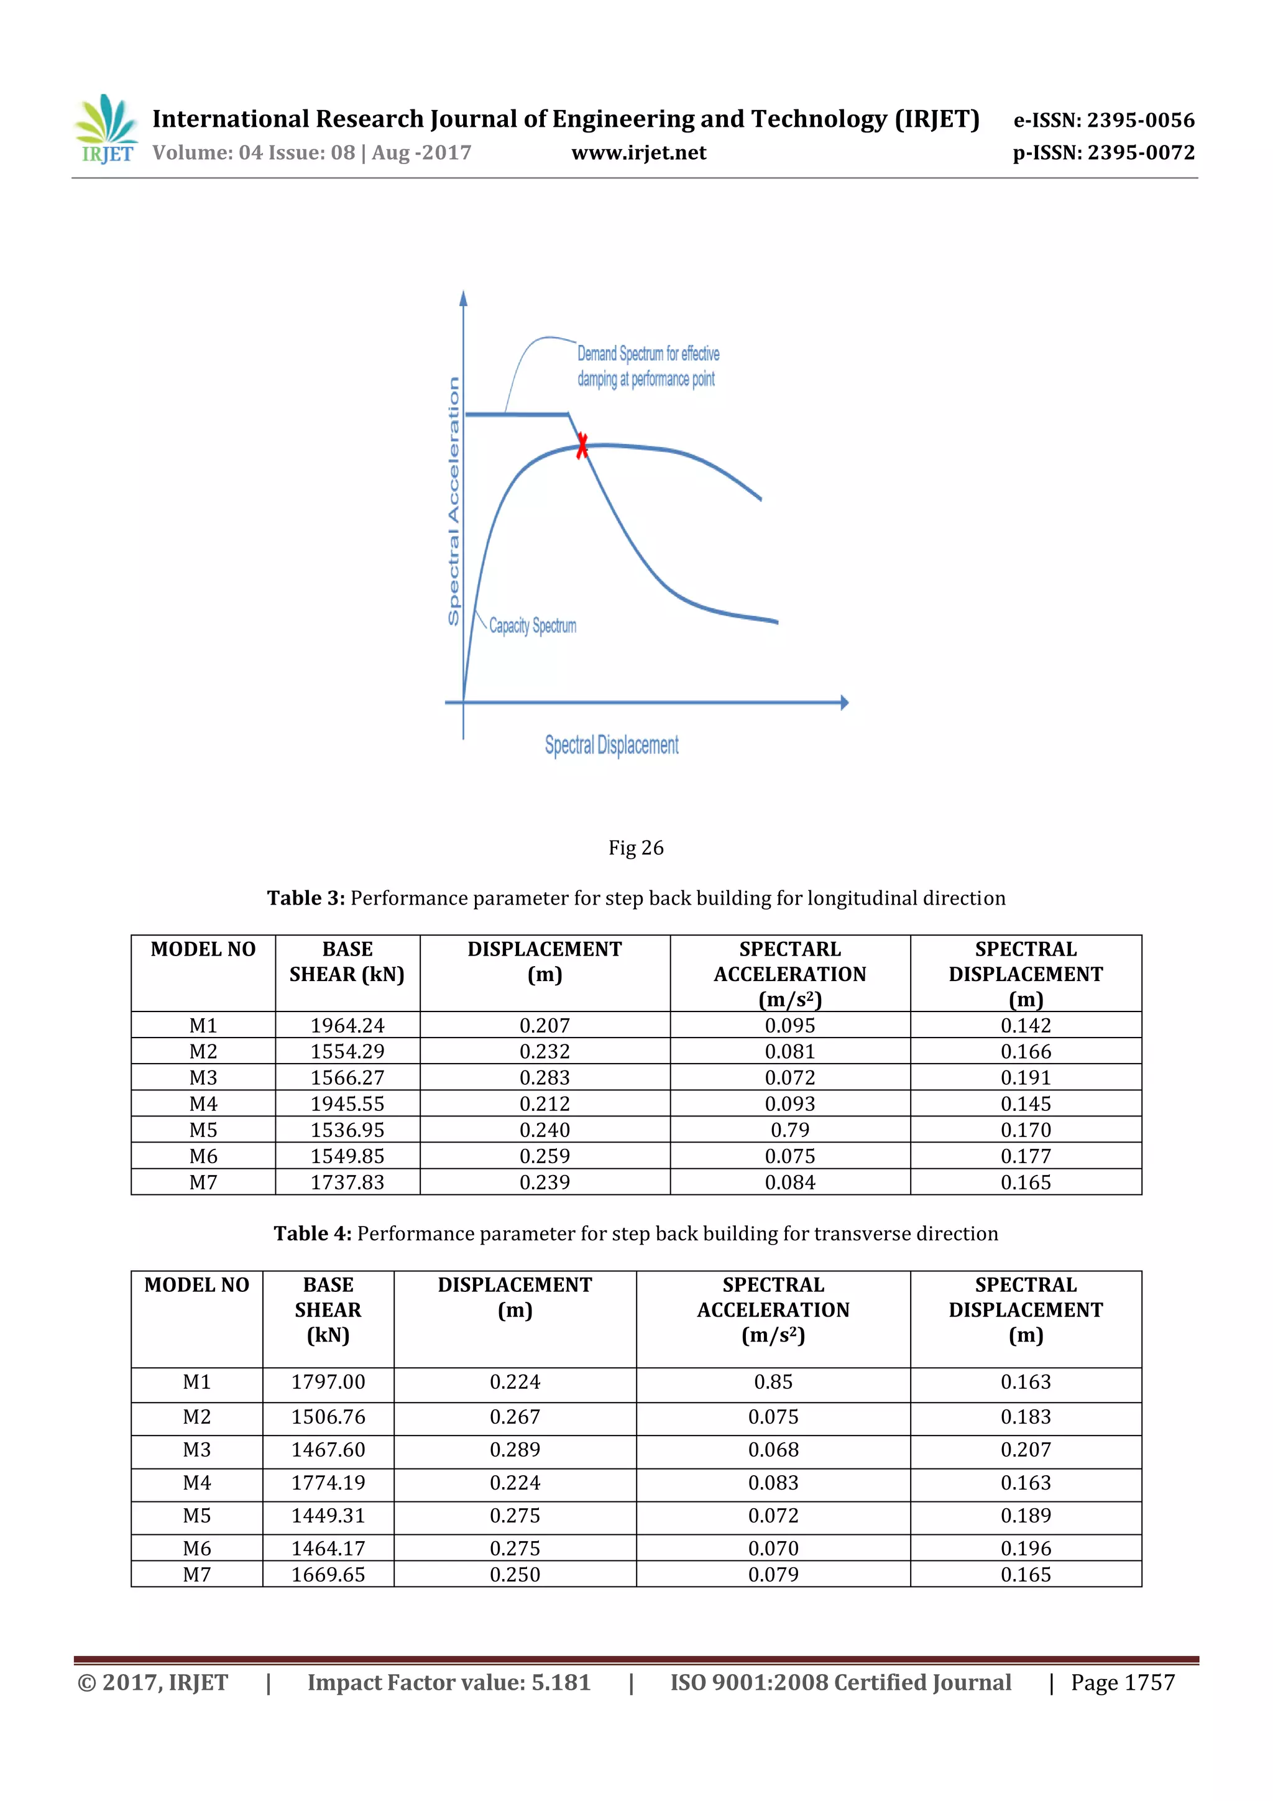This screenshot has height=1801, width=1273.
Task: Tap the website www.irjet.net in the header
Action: point(638,152)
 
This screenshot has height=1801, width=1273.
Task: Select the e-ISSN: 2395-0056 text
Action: point(1103,120)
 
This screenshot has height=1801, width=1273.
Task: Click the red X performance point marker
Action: point(582,446)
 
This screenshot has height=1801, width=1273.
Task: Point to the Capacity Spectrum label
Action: point(532,625)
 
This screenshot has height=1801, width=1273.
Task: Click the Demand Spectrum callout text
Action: point(647,366)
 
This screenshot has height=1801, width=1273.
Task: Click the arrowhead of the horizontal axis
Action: point(844,702)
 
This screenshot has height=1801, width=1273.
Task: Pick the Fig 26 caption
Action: point(635,847)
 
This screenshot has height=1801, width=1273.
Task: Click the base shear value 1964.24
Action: point(347,1025)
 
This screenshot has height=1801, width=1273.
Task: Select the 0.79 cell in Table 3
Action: point(790,1130)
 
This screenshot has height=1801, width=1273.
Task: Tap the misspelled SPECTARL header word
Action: point(790,949)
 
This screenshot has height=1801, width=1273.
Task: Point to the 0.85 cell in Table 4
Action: point(773,1381)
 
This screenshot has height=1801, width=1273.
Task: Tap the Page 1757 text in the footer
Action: point(1123,1682)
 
